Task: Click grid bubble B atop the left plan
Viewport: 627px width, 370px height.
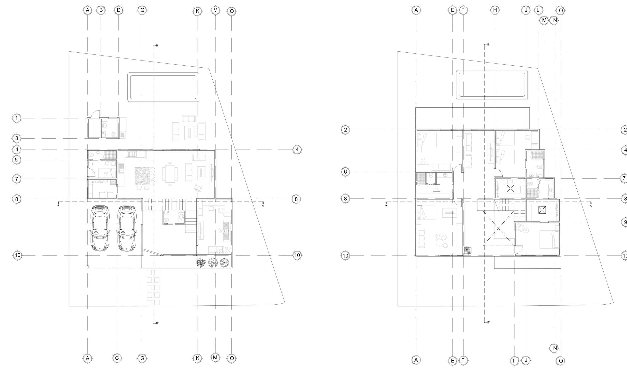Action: tap(101, 10)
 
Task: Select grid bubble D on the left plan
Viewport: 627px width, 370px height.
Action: tap(119, 10)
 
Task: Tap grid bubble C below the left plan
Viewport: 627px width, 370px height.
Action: tap(117, 358)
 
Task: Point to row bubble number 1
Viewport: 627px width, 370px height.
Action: tap(17, 118)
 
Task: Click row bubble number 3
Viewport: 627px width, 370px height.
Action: tap(17, 139)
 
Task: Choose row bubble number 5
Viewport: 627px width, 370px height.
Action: tap(17, 160)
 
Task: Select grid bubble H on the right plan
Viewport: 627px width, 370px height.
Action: tap(495, 10)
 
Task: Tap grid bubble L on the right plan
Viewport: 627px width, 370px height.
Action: tap(538, 10)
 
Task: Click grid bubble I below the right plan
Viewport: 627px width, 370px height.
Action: tap(514, 360)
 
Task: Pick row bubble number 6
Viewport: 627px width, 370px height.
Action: tap(345, 172)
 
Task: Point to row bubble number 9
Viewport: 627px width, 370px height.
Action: tap(624, 222)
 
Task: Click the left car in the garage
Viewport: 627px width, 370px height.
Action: tap(100, 228)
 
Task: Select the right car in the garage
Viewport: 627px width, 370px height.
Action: tap(126, 228)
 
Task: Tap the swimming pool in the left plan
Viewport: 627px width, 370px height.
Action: tap(163, 87)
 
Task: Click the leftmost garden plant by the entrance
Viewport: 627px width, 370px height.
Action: tap(201, 263)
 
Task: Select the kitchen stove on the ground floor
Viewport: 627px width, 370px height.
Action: tap(132, 154)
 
